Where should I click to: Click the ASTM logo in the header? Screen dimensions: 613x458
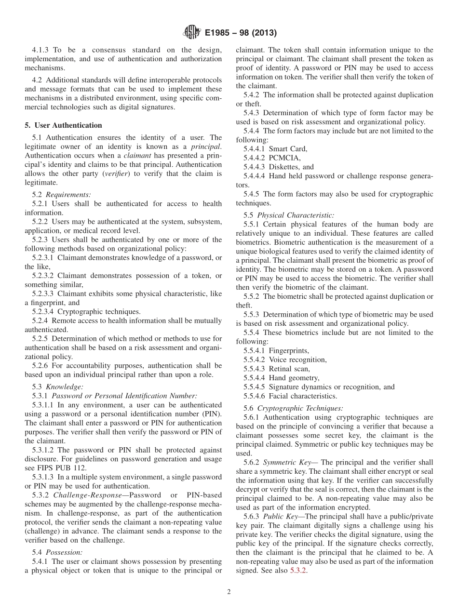191,33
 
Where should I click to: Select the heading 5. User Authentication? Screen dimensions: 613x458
63,125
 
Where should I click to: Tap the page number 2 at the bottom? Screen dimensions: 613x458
229,592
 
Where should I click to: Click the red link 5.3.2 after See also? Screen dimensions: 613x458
298,571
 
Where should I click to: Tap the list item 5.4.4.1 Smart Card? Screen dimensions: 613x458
275,149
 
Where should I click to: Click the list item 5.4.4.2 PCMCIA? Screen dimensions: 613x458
272,158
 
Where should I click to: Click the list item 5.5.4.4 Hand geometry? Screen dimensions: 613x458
281,378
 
